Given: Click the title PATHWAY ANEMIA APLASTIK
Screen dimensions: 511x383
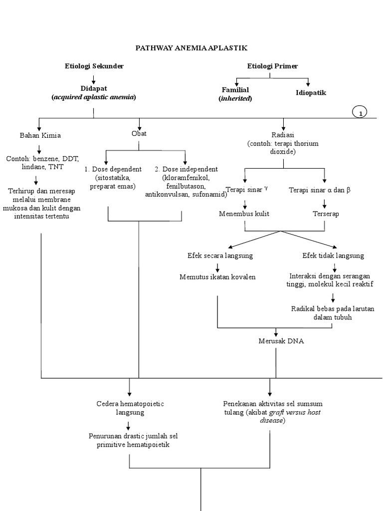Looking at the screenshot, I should tap(192, 47).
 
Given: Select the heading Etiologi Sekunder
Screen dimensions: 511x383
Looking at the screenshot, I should tap(94, 66).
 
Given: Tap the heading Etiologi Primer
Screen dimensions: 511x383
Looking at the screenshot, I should tap(272, 66).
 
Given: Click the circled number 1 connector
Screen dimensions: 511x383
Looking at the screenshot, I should tap(360, 113).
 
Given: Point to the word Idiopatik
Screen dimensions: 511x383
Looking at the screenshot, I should tap(311, 92).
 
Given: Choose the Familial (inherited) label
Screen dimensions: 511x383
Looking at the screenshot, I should tap(235, 94).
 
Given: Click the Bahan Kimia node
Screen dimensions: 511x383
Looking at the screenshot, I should tap(40, 135).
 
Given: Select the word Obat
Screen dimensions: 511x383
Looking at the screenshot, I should tap(139, 133).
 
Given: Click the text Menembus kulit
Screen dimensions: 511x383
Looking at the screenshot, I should tap(244, 214).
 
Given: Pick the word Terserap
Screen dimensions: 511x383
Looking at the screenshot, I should tap(325, 214).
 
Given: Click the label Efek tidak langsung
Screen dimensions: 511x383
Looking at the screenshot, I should tap(333, 255).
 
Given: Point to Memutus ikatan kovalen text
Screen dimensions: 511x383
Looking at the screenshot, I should tap(217, 277).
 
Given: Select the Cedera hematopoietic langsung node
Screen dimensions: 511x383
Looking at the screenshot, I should tap(130, 408).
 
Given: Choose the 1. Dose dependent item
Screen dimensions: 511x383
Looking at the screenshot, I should tap(113, 169).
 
